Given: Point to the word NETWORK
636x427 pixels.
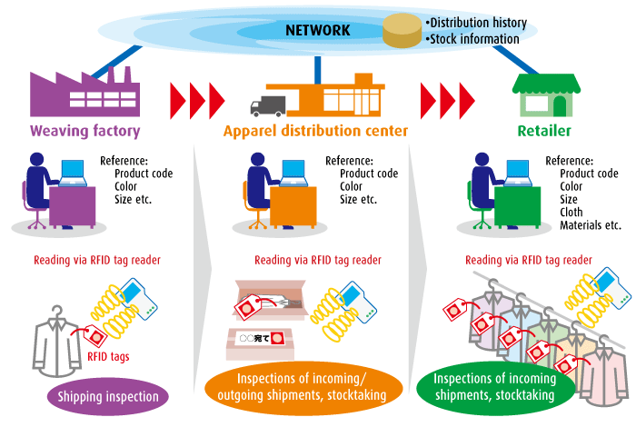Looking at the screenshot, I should [x=317, y=30].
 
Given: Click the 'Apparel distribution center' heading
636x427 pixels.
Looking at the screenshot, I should [x=315, y=132].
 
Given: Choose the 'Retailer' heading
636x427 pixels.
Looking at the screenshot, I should [x=544, y=132].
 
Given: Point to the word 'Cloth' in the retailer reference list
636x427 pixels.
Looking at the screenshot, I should [x=573, y=213].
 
